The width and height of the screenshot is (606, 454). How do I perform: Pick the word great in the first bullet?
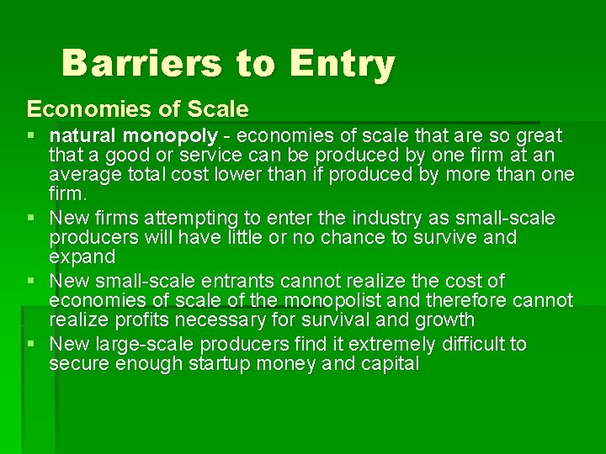[x=539, y=136]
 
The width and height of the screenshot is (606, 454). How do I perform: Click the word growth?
[x=444, y=319]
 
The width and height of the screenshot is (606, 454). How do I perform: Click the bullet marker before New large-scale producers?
[x=32, y=344]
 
